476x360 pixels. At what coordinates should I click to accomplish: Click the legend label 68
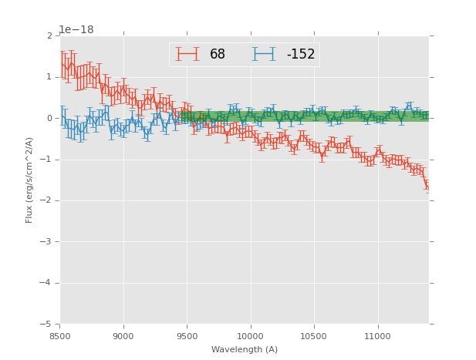217,55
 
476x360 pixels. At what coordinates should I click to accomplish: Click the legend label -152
300,55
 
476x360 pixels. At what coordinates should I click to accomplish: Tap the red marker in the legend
187,55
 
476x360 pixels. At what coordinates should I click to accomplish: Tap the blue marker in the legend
263,55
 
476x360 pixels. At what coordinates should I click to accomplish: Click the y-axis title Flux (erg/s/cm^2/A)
29,180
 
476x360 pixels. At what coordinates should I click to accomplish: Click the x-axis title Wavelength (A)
245,349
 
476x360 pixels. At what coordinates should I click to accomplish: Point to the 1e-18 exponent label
76,30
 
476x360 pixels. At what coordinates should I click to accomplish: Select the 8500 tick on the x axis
60,335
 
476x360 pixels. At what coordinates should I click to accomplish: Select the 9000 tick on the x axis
123,335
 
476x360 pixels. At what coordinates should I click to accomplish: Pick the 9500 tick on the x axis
187,335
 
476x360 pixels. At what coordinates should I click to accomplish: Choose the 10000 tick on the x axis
250,335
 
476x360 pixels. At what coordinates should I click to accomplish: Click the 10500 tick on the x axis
313,335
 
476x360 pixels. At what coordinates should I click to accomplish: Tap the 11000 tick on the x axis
377,335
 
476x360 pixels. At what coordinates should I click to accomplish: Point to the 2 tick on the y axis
49,36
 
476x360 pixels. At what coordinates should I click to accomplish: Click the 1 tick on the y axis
49,77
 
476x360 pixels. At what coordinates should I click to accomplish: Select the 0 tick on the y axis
49,119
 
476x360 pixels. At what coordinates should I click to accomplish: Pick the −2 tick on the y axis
47,200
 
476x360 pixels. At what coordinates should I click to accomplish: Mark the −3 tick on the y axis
47,242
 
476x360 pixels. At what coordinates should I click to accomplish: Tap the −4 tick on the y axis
47,283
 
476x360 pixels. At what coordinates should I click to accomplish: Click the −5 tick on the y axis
47,324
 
